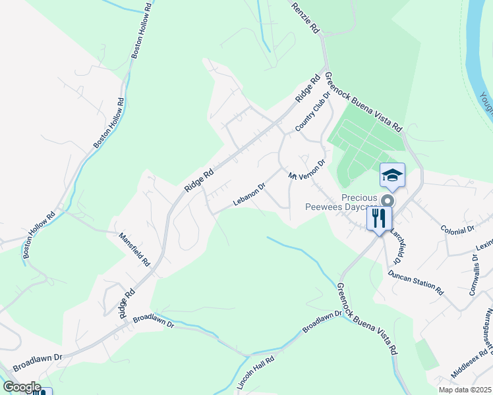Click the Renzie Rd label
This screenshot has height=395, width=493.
click(305, 17)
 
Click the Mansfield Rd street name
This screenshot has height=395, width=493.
click(134, 249)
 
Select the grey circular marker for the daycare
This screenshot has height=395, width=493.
click(388, 200)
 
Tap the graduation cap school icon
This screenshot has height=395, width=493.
click(392, 175)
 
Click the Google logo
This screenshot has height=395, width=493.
click(21, 387)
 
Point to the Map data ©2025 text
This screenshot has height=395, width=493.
click(466, 390)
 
